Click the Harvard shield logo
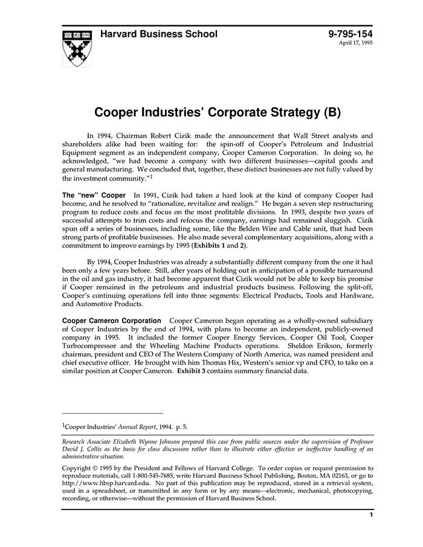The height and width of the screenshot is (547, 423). [77, 47]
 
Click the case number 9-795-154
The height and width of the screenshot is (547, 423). [350, 34]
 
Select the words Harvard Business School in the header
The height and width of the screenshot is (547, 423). [158, 34]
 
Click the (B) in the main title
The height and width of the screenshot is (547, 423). [332, 112]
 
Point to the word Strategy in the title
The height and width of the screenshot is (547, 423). [287, 112]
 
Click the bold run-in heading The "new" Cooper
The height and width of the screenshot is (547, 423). [94, 196]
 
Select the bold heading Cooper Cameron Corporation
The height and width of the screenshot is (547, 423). [112, 320]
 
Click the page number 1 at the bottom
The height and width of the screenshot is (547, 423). [371, 515]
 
